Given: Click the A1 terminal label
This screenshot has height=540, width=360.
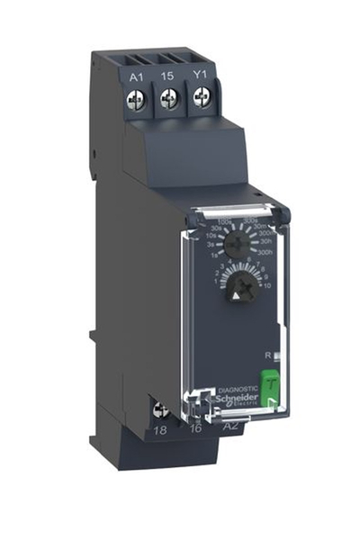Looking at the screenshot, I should point(137,77).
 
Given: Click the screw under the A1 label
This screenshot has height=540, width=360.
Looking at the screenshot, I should point(137,101).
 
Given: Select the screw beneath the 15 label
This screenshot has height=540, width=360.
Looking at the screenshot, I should point(166,101).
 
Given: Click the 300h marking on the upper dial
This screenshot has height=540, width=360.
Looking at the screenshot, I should point(264,255).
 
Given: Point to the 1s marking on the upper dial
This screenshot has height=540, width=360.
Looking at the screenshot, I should point(212,256).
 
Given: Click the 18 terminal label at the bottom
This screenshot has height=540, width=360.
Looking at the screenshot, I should point(162,433).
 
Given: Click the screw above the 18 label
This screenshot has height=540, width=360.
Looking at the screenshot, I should point(162,411).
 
